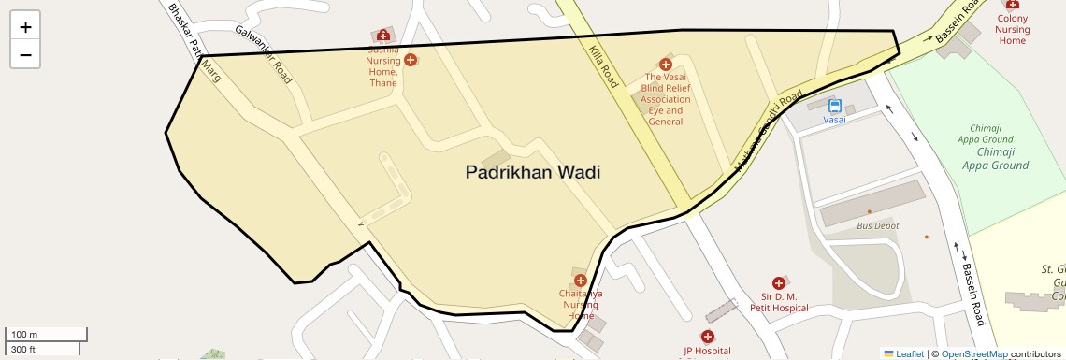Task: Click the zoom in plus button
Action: (25, 27)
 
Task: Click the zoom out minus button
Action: (25, 54)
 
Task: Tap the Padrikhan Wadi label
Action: (532, 172)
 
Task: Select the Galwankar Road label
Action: (265, 54)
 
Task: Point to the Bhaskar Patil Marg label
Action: (194, 42)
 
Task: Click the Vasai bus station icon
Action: (834, 107)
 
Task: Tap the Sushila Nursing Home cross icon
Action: (411, 59)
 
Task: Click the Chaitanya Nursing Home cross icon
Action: (581, 280)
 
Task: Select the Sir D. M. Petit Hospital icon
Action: (778, 282)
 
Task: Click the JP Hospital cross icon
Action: (708, 337)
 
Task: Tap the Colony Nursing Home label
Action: (1013, 29)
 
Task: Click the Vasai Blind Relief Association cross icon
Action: (666, 65)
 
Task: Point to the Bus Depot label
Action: (878, 226)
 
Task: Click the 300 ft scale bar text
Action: (23, 350)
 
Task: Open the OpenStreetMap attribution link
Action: (973, 354)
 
